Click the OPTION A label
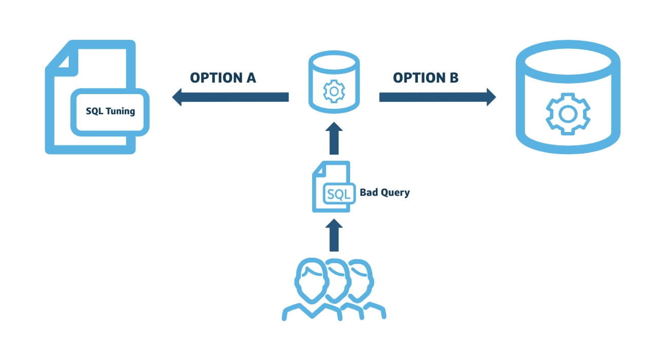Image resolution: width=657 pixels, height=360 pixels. coord(223,78)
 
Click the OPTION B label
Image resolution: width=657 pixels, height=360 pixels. coord(426,78)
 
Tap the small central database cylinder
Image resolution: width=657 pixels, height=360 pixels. coord(334,82)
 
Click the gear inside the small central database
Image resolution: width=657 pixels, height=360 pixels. coord(334,91)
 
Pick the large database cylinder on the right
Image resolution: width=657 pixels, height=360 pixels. coord(568,98)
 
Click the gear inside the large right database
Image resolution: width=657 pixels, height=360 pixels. coord(568,113)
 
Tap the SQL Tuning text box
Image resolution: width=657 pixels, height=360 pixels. coord(110,111)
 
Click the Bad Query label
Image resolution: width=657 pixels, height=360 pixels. coord(384,193)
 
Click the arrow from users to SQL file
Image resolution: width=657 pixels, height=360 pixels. coord(334,236)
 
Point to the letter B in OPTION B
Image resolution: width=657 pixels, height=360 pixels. coord(454,78)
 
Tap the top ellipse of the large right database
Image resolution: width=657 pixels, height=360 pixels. coord(568,60)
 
